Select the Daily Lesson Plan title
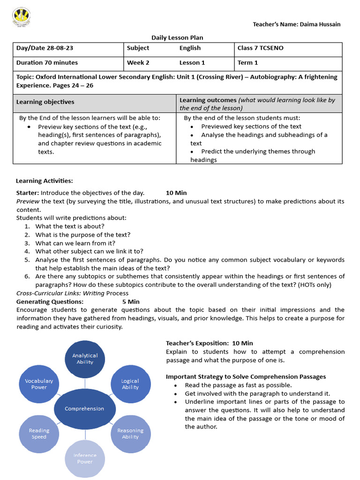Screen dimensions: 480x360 [x=177, y=37]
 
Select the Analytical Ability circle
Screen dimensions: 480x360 [x=85, y=359]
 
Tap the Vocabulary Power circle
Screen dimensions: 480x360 [x=39, y=384]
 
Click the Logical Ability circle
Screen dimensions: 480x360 [x=130, y=384]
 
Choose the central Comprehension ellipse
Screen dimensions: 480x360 [x=84, y=409]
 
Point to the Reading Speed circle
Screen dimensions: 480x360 [x=39, y=434]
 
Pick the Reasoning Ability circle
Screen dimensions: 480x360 [x=130, y=434]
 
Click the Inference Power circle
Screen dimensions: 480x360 [x=85, y=458]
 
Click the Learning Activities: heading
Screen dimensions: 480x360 [x=45, y=181]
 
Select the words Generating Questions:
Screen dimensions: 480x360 [x=50, y=301]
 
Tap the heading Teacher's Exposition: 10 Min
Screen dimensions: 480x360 [x=209, y=343]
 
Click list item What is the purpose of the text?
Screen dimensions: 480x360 [x=83, y=235]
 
